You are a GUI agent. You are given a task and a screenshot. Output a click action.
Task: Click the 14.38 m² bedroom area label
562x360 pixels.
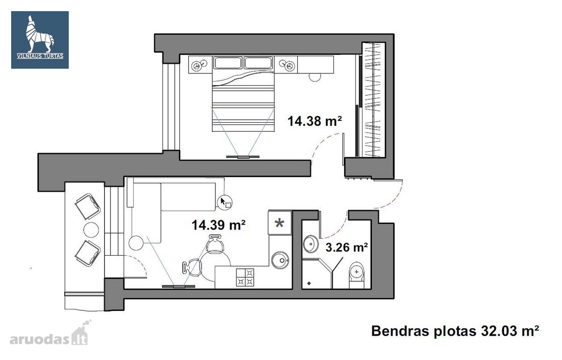pos(314,121)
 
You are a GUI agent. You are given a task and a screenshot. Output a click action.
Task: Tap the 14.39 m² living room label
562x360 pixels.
pos(218,225)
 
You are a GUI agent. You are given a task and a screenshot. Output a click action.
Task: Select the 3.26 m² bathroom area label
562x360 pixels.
pos(347,247)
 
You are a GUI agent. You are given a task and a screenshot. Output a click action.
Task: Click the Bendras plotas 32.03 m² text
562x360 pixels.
pos(455,331)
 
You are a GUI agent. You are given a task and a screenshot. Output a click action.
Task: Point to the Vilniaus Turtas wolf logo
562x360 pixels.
pos(40,40)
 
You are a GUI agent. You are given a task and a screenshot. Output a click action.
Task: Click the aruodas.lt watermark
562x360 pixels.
pos(49,335)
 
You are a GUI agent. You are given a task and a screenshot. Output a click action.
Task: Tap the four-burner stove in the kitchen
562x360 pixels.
pos(245,278)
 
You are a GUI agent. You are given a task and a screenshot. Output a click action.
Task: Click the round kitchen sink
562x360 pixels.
pos(280,260)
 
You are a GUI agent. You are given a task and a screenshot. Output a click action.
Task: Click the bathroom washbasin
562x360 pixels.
pos(311,243)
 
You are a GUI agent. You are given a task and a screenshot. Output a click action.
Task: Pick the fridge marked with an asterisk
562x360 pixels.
pos(280,223)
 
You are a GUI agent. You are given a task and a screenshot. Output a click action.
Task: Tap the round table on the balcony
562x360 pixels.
pos(91,230)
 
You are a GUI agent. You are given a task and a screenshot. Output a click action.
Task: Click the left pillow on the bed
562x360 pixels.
pos(228,63)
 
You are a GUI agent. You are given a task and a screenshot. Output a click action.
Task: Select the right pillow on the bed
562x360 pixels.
pos(259,63)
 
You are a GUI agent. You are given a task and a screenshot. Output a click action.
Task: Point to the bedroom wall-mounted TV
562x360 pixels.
pos(243,157)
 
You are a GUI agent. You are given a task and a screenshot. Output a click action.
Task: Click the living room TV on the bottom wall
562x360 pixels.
pos(178,286)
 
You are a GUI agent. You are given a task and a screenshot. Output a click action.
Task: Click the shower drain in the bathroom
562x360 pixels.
pos(309,284)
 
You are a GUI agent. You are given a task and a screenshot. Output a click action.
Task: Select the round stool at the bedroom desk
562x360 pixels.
pos(315,77)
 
